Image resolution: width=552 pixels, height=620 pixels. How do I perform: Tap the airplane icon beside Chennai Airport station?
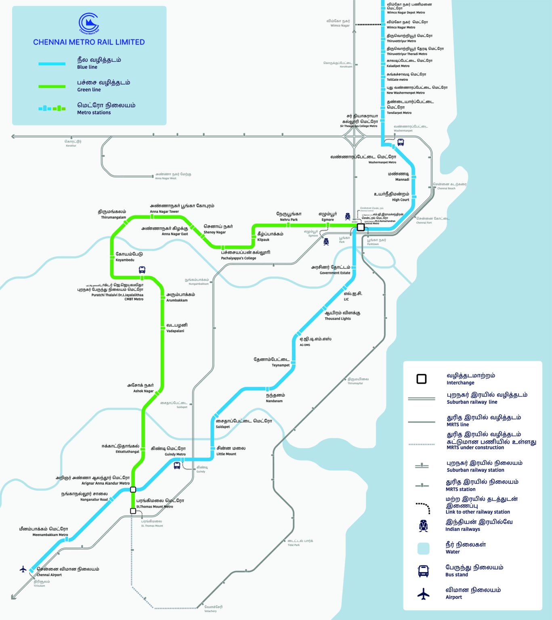[23, 569]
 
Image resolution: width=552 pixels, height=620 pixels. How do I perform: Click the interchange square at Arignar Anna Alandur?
[133, 490]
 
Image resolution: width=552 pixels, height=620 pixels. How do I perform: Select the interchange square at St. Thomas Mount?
[133, 511]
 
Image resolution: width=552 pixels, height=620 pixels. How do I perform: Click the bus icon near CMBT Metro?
[142, 270]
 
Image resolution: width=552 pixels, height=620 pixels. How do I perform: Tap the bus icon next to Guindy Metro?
[177, 465]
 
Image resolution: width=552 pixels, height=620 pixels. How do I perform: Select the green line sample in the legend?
[52, 86]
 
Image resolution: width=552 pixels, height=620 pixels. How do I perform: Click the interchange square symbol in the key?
[422, 379]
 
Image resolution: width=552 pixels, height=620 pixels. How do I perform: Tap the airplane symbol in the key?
[423, 594]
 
